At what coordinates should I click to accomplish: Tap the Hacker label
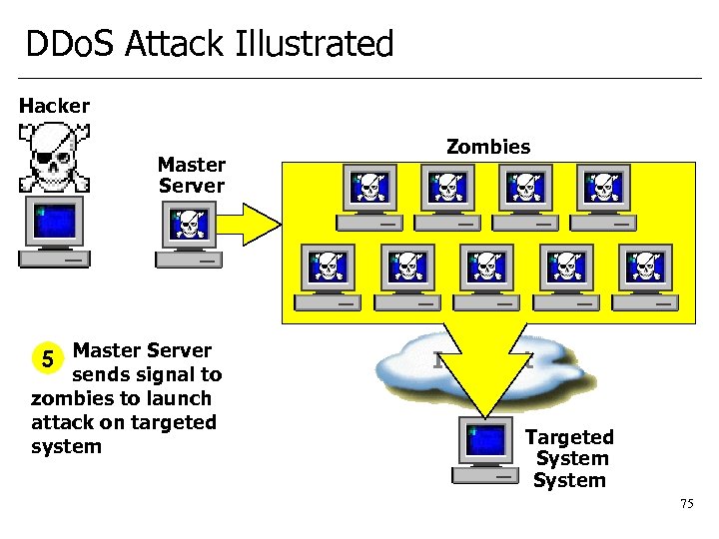[x=54, y=106]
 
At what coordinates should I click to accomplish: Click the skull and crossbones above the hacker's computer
[x=54, y=157]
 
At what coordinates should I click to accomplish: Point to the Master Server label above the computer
[x=192, y=175]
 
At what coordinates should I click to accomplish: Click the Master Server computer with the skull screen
[x=189, y=236]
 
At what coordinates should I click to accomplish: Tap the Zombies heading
[x=488, y=147]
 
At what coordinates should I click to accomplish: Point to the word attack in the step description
[x=61, y=422]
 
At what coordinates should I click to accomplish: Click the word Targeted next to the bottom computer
[x=569, y=437]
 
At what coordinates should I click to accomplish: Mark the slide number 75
[x=686, y=504]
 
